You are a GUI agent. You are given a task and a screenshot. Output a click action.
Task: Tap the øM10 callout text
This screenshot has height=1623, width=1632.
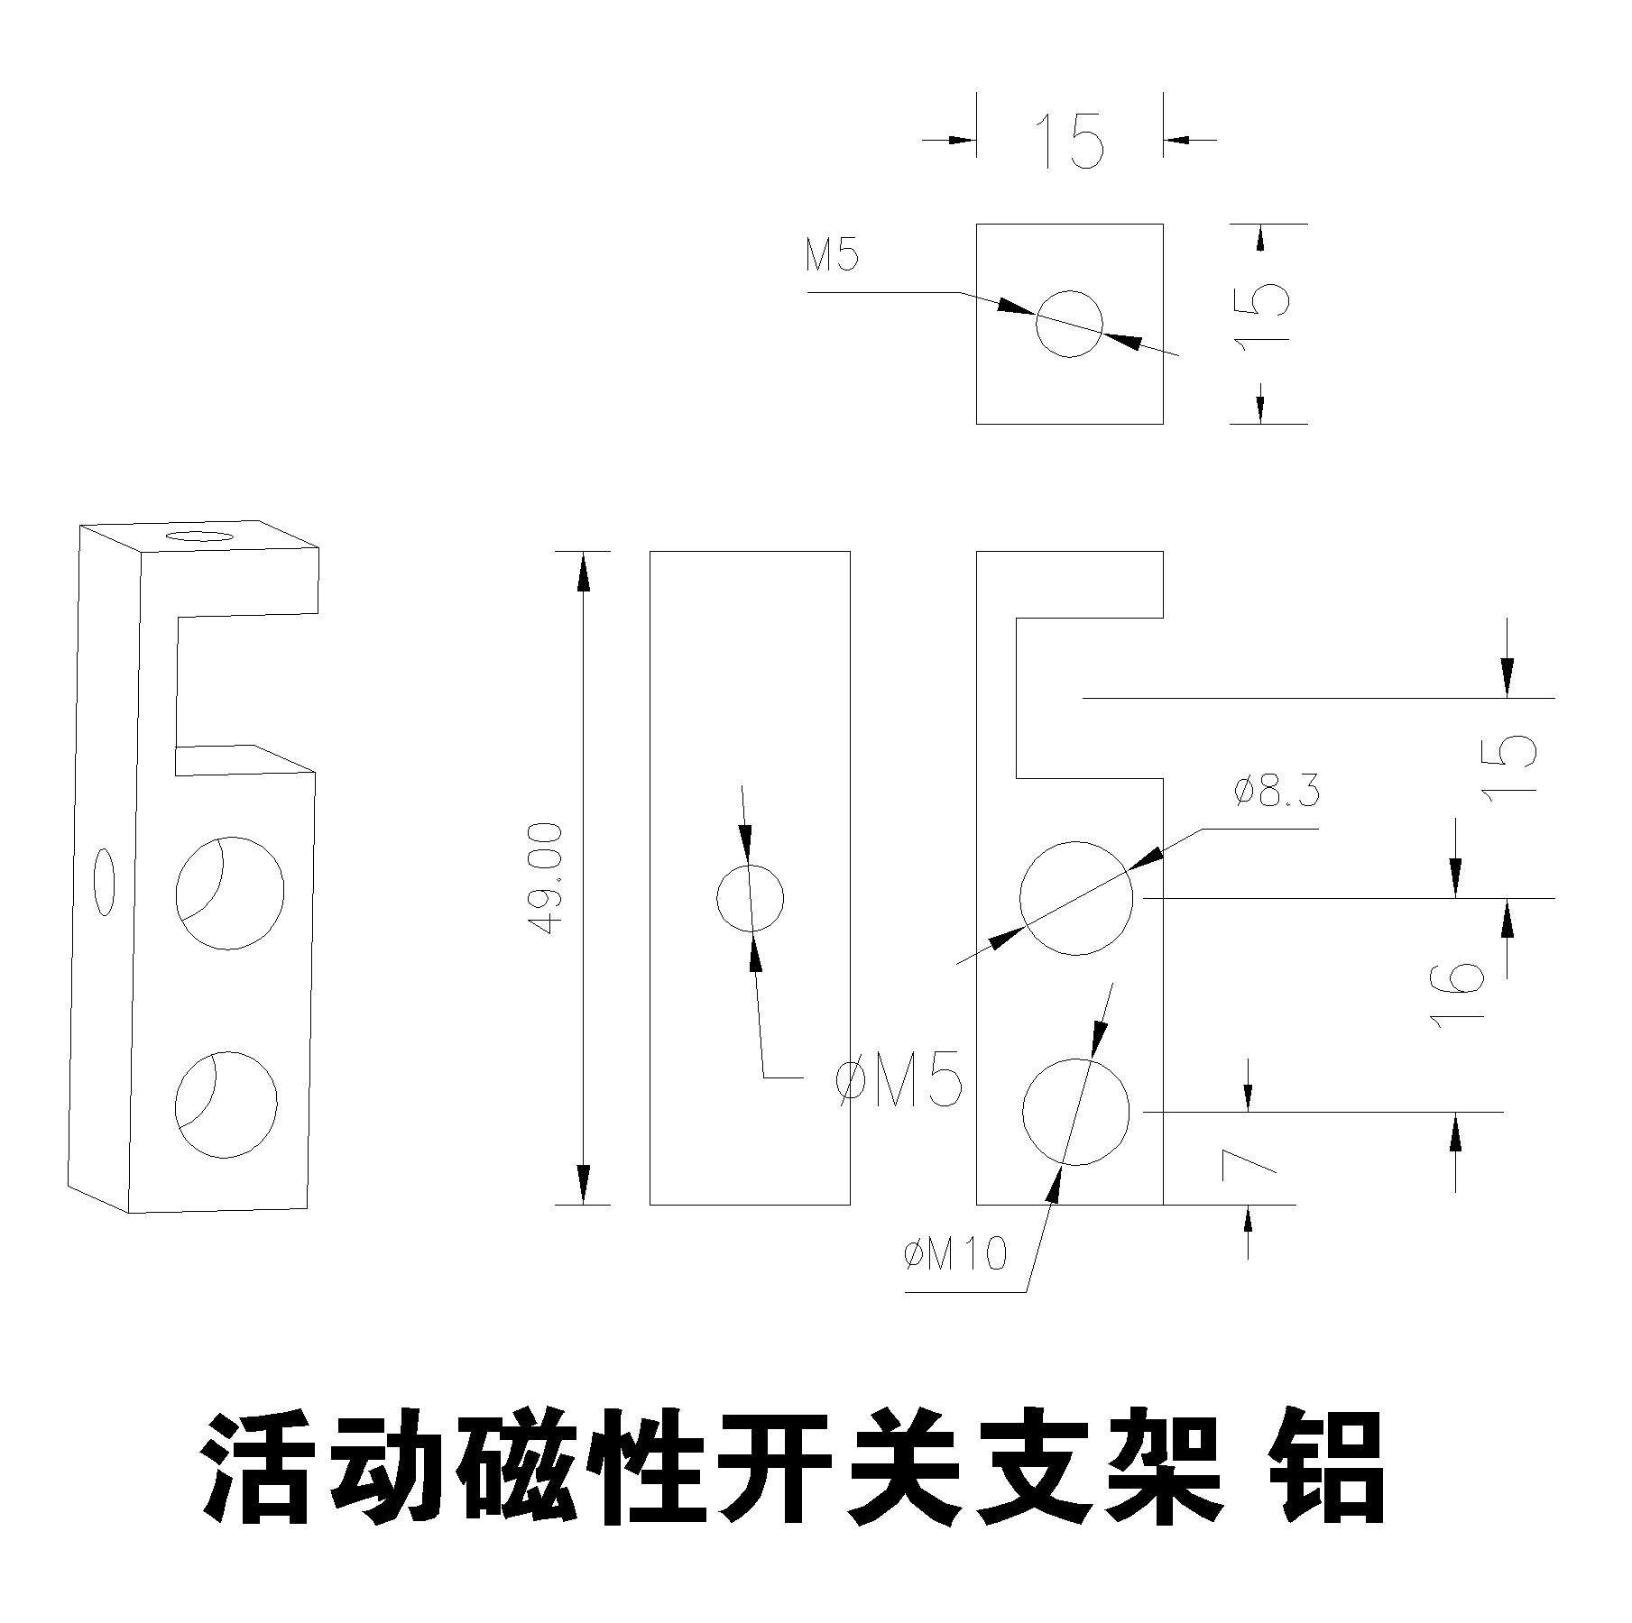(954, 1253)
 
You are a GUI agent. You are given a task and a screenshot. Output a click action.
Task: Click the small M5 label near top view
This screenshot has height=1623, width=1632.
(833, 257)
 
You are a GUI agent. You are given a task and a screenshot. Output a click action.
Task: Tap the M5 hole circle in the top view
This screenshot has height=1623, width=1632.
(1069, 324)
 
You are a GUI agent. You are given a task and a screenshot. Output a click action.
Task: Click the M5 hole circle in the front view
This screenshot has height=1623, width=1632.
(750, 897)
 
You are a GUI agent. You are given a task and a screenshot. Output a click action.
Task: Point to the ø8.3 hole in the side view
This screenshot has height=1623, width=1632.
(1075, 898)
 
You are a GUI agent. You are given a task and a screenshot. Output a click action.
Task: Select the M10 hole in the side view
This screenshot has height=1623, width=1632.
(1075, 1112)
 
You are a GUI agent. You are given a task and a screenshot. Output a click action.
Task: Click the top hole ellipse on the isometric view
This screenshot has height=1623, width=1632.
(198, 537)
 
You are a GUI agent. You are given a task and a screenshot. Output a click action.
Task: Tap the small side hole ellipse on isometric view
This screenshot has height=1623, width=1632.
(105, 881)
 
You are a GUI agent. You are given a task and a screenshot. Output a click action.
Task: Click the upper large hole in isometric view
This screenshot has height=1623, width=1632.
(229, 893)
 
